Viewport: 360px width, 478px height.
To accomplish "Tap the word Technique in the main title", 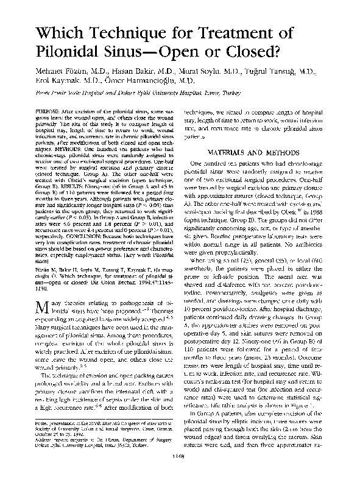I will point(142,28).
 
